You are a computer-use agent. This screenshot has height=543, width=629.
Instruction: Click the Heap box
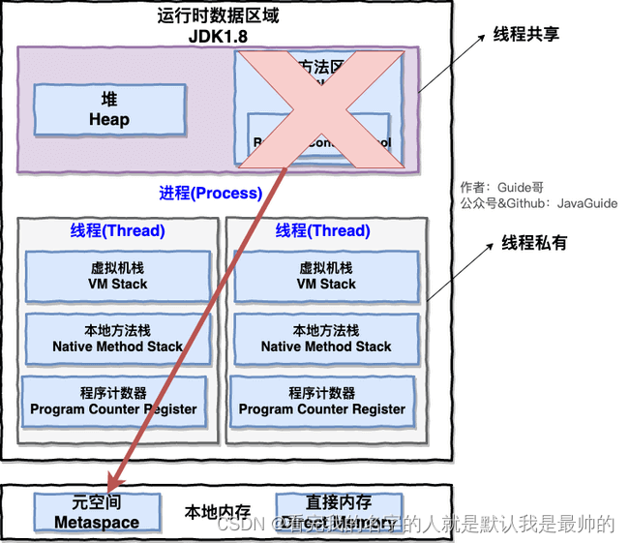click(108, 109)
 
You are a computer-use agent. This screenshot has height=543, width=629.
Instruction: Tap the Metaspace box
click(96, 513)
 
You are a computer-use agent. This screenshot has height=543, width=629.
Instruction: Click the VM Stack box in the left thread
click(117, 276)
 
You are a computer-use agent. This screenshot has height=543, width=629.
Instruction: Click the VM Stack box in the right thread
click(326, 276)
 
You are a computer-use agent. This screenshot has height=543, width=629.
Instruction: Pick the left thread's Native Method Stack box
click(117, 338)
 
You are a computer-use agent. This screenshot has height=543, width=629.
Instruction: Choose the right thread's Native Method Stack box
click(326, 338)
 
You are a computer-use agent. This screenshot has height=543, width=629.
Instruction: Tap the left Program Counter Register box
click(113, 401)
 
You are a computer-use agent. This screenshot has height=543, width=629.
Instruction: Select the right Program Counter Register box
click(322, 401)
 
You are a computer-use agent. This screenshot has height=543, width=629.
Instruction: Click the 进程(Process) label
click(210, 193)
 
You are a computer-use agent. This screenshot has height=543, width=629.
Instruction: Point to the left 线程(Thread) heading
click(117, 230)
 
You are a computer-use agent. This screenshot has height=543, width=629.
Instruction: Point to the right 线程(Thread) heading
click(322, 230)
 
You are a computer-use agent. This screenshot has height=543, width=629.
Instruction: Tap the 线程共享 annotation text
click(526, 34)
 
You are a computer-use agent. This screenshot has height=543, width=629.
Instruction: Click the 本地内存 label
click(218, 512)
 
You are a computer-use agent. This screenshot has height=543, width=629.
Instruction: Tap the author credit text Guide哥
click(523, 187)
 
